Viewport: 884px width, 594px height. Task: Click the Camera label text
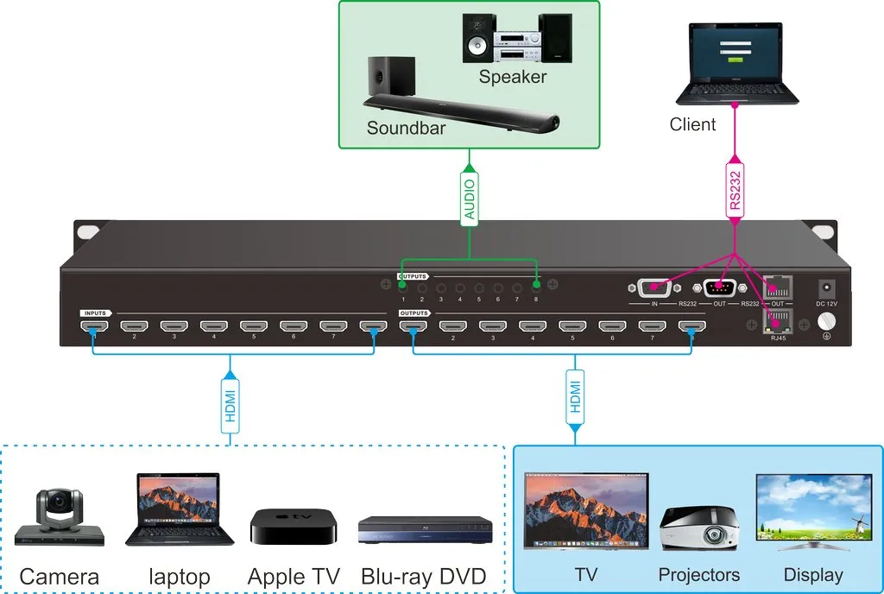click(60, 576)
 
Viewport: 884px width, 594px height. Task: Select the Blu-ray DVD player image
click(425, 529)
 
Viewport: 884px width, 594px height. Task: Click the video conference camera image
click(59, 518)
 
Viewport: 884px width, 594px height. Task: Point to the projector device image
click(699, 528)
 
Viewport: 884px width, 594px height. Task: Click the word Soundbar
click(406, 128)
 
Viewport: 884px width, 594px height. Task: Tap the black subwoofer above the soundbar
click(390, 77)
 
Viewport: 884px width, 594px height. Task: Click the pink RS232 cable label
click(735, 191)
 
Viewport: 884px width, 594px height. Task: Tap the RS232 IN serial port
click(654, 288)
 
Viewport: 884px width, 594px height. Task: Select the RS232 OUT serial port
click(719, 288)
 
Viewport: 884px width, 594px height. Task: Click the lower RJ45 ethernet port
click(779, 321)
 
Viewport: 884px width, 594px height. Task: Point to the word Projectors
click(698, 575)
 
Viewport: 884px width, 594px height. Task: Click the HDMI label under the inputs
click(230, 402)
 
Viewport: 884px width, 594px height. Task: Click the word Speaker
click(513, 77)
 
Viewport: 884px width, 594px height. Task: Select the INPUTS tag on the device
click(95, 313)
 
